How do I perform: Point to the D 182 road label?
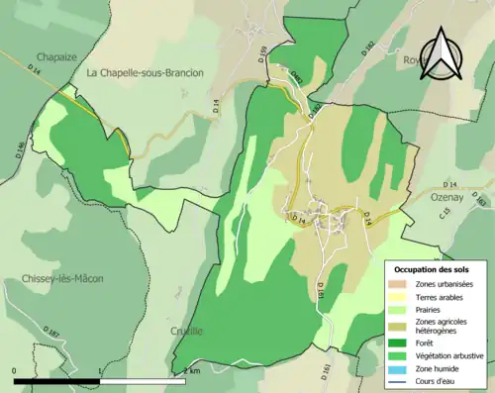click(x=368, y=47)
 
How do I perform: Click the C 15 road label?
click(x=445, y=213)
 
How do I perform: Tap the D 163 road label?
click(x=480, y=202)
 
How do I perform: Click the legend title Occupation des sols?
click(x=433, y=269)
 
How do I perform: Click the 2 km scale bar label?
click(x=190, y=370)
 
